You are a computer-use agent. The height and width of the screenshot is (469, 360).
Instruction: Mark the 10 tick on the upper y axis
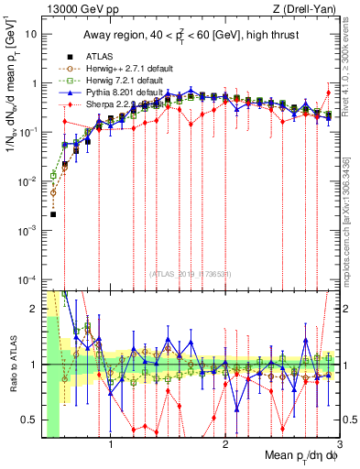[x=32, y=34]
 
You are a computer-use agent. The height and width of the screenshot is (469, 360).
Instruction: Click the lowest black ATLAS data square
[x=53, y=214]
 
